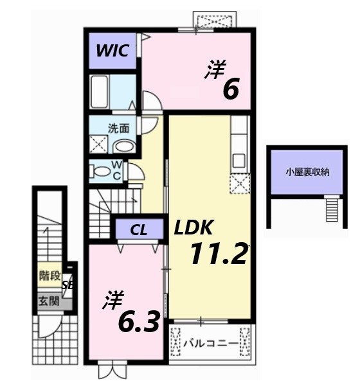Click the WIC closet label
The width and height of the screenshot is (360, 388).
(x=113, y=50)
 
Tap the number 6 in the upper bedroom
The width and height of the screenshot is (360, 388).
(x=231, y=89)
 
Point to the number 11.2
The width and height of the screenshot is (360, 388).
(x=218, y=255)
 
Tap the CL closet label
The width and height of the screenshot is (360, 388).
(x=138, y=229)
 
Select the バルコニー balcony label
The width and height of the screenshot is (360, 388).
(x=209, y=343)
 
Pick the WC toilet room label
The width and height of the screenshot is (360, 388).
(x=117, y=171)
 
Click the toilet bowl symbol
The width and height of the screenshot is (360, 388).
(x=101, y=171)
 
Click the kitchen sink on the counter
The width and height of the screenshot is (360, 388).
(x=239, y=159)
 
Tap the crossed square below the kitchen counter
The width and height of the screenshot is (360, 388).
(x=240, y=184)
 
